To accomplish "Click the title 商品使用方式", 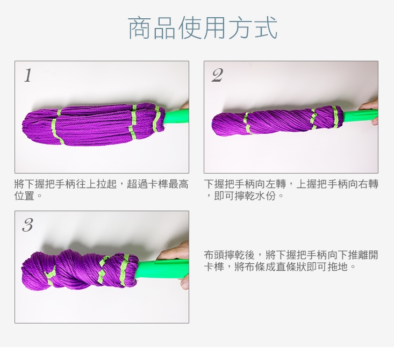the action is point(203,28).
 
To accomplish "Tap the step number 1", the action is point(28,75).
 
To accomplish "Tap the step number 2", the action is point(217,75).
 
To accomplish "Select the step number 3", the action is point(27,225).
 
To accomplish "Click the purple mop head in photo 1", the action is point(94,124).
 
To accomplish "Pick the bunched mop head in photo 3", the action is point(80,271).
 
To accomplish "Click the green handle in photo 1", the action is point(176,117).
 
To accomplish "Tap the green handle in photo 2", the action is point(360,116).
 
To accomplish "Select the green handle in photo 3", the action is point(163,271).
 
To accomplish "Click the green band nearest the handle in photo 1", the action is point(157,119).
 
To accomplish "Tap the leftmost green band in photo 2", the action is point(247,123).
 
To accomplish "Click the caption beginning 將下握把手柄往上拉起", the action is point(101,190).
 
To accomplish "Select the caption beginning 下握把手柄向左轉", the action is point(291,190).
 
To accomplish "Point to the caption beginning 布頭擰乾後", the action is point(291,261).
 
